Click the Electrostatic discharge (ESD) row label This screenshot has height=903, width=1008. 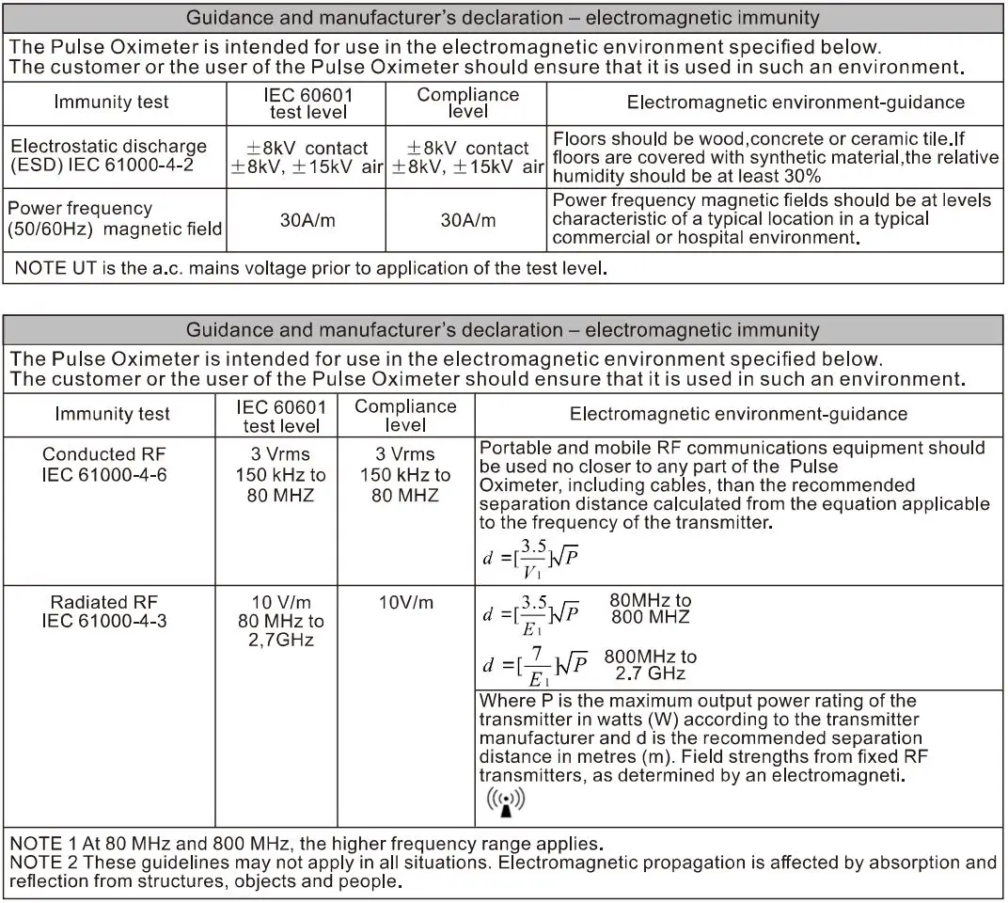coord(108,156)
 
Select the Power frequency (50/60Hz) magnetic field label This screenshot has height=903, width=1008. coord(116,218)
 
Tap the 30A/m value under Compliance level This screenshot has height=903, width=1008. coord(468,220)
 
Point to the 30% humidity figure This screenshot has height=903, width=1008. coord(802,176)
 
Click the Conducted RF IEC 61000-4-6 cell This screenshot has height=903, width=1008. coord(104,465)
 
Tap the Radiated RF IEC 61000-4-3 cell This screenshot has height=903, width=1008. coord(104,611)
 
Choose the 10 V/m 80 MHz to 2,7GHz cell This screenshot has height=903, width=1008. coord(280,621)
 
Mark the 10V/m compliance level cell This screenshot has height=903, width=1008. coord(406,603)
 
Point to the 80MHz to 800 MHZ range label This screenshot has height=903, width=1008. coord(651,609)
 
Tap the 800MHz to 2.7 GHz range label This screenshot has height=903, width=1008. coord(651,665)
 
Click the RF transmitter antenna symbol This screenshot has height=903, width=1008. coord(506,801)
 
